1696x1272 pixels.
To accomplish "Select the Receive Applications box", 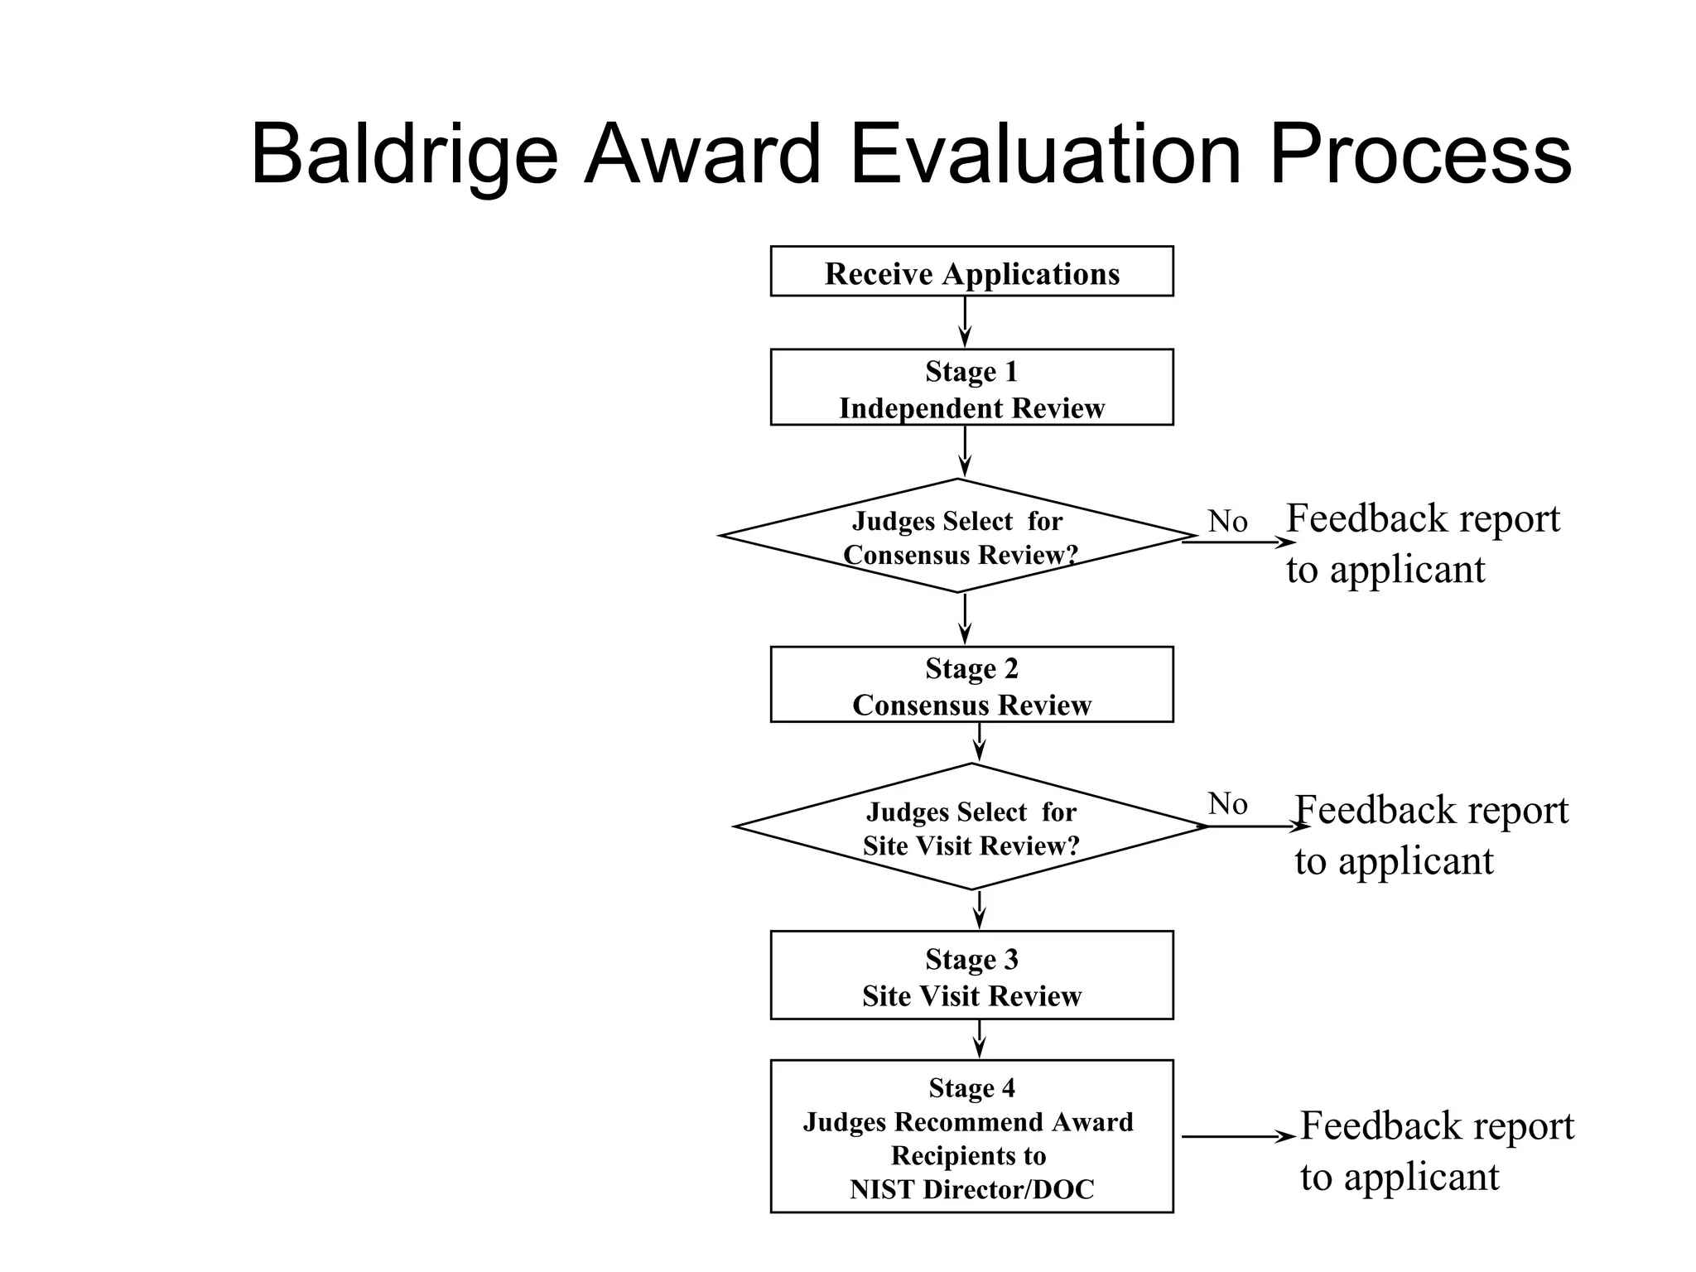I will [971, 272].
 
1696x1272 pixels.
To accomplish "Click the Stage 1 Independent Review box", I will [971, 388].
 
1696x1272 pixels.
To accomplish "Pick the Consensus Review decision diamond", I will [957, 537].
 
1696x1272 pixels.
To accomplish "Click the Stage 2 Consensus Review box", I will [971, 685].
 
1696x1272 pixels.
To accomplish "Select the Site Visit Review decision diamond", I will [971, 827].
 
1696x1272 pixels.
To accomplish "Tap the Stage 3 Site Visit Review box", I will [971, 976].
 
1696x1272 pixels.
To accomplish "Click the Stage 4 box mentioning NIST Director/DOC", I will [971, 1137].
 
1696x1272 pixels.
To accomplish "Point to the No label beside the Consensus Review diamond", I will [1227, 522].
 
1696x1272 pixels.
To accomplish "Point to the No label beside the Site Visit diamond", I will [1227, 804].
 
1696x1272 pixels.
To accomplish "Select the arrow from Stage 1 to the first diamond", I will [965, 451].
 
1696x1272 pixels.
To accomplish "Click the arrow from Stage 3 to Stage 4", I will [980, 1038].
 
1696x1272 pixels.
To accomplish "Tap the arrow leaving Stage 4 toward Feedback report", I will [1237, 1137].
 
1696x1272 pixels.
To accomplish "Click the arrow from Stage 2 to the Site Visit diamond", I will [980, 742].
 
